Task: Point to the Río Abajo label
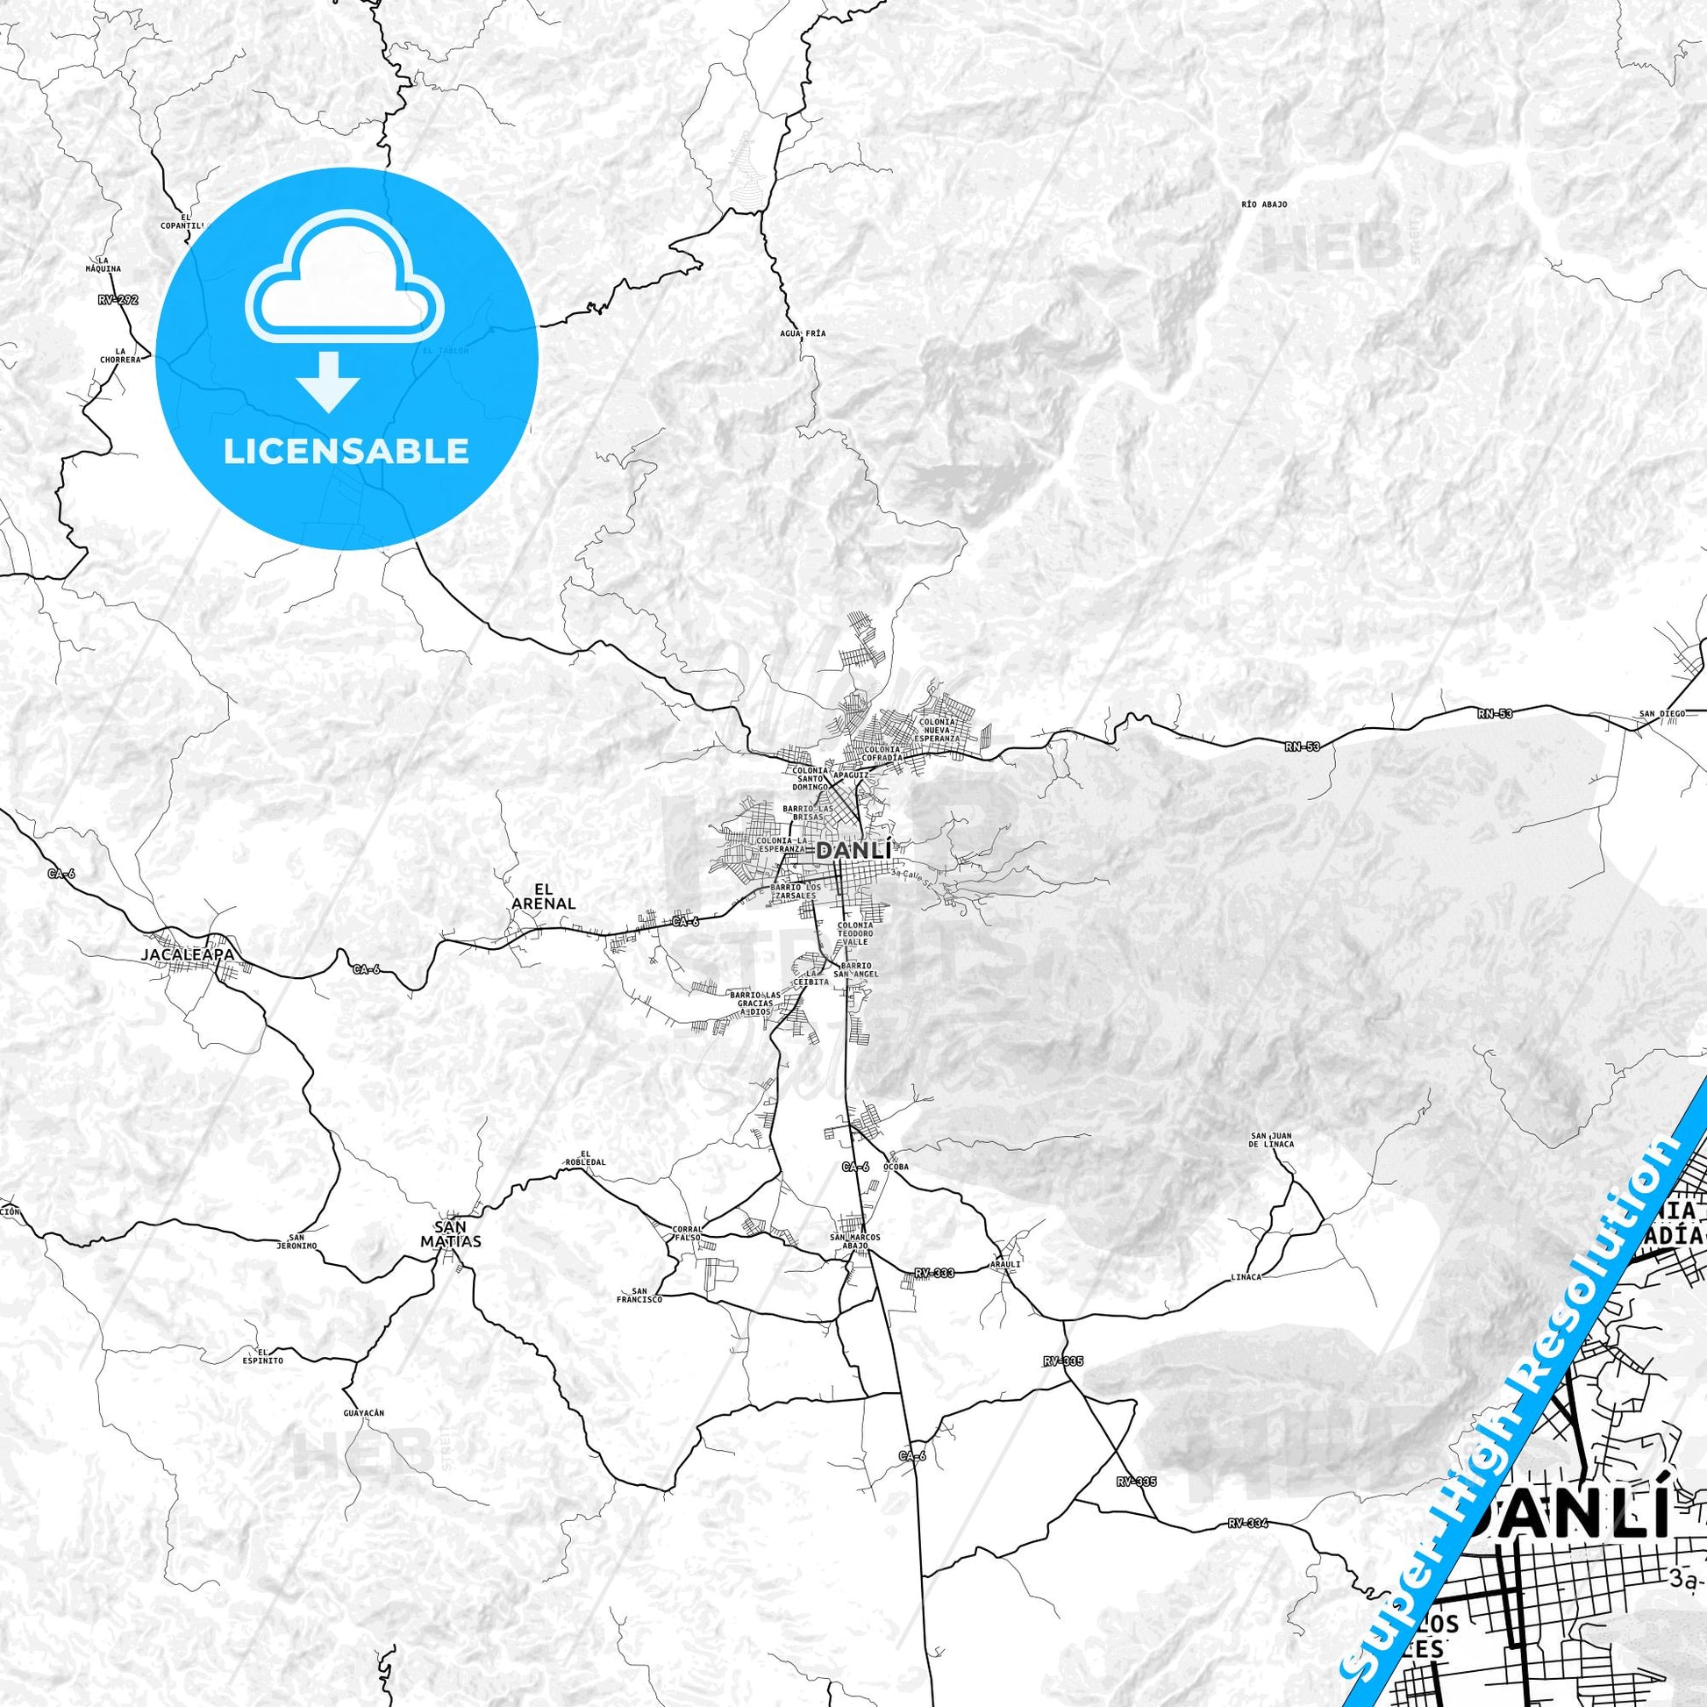tap(1264, 204)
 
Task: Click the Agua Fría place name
tap(804, 333)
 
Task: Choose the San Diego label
tap(1662, 713)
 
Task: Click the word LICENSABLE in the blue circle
tap(346, 451)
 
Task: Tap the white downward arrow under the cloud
tap(329, 382)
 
